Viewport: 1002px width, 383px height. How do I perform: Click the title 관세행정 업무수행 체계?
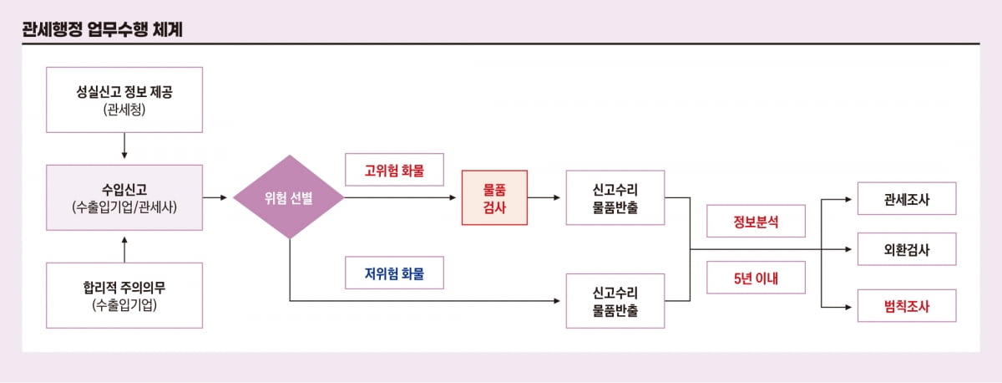[103, 29]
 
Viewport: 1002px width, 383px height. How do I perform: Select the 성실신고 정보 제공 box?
[124, 100]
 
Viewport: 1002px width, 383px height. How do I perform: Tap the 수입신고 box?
[124, 197]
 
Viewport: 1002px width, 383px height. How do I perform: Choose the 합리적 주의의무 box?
[124, 295]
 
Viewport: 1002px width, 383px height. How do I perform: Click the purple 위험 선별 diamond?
[288, 198]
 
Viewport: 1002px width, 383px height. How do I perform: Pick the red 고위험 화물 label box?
[394, 170]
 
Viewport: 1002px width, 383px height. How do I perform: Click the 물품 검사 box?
[495, 198]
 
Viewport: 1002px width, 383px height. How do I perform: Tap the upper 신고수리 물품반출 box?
[615, 198]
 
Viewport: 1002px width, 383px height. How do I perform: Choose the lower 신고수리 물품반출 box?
[615, 300]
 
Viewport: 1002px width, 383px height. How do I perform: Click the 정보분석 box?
[757, 222]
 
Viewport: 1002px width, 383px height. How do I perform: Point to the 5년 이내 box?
[757, 278]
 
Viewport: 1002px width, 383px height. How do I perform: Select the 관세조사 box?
[907, 199]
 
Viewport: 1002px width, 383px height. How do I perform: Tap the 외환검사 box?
[907, 249]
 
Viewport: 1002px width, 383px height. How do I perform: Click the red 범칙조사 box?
[907, 306]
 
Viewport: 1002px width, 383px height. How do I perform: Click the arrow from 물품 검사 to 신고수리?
[546, 198]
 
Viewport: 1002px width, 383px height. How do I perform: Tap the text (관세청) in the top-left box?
[124, 110]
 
